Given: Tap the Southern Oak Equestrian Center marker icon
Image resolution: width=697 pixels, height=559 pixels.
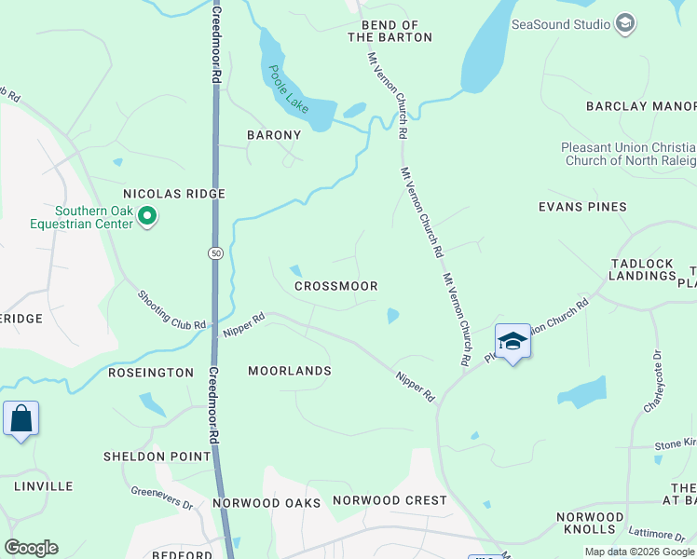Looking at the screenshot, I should [147, 217].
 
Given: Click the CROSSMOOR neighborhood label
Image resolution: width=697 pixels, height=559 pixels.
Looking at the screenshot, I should [335, 287].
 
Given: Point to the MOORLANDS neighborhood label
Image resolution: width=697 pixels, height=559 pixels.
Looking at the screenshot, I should [290, 371].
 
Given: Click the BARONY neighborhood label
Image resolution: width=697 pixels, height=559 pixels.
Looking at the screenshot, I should [274, 135].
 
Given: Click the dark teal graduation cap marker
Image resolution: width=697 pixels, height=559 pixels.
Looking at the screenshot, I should [512, 343].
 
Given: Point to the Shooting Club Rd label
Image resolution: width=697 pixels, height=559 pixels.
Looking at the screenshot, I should [171, 309].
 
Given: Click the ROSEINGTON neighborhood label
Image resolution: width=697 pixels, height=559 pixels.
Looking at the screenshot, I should [150, 372].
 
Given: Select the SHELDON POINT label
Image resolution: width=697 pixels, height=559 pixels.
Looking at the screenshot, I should [157, 457].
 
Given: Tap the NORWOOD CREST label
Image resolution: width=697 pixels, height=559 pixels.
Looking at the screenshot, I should [389, 500].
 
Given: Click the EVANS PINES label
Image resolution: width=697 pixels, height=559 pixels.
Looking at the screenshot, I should [582, 207].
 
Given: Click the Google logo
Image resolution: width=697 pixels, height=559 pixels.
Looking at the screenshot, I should [31, 548].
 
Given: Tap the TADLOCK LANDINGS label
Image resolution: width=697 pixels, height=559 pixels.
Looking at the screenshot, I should [642, 270].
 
